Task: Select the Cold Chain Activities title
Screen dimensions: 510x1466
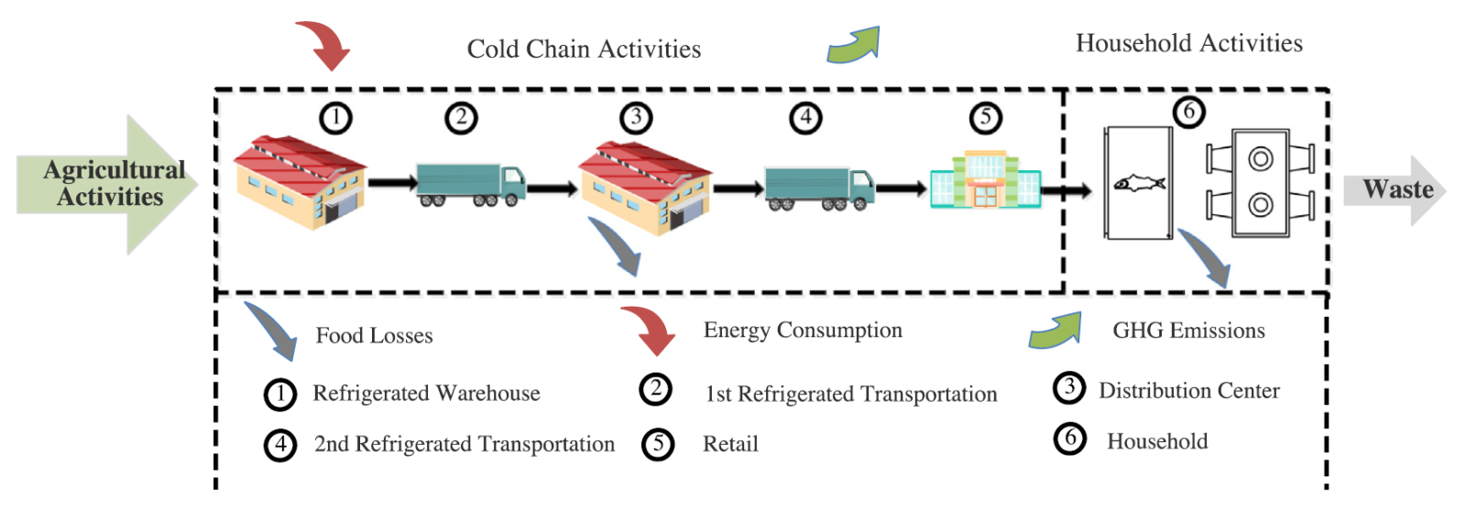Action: coord(584,49)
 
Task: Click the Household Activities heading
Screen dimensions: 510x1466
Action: coord(1188,43)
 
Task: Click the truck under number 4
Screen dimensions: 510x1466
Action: coord(819,189)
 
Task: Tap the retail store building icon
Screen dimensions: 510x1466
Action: coord(985,180)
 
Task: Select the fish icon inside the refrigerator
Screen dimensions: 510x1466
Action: coord(1139,184)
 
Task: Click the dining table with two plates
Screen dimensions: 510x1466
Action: coord(1260,182)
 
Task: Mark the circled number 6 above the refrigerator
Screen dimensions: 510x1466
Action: coord(1188,112)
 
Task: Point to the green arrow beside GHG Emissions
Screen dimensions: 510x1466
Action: coord(1056,331)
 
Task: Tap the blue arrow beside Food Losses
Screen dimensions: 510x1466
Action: coord(272,331)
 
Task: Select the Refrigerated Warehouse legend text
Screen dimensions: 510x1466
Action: coord(426,393)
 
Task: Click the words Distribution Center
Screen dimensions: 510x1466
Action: coord(1188,391)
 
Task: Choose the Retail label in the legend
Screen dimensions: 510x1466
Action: coord(730,444)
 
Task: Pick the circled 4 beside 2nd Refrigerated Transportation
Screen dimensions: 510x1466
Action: coord(280,445)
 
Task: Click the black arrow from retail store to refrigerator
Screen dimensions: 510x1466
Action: coord(1067,190)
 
